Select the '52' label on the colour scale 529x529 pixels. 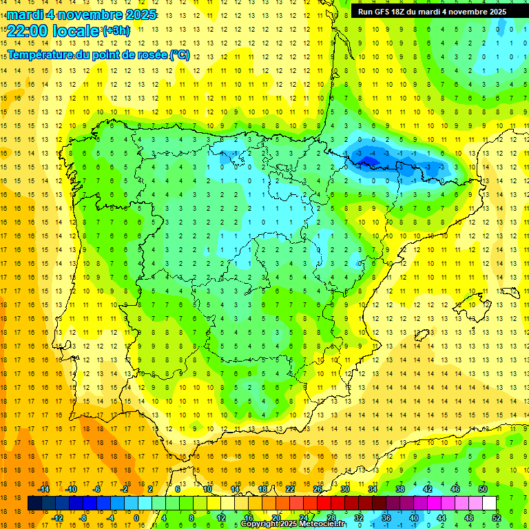(497, 518)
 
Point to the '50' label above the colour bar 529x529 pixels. (483, 489)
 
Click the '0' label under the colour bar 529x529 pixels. (136, 518)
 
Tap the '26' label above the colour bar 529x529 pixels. (318, 489)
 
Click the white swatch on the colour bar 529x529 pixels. (490, 504)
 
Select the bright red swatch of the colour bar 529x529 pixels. (324, 504)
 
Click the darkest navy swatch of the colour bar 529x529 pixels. (34, 504)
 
